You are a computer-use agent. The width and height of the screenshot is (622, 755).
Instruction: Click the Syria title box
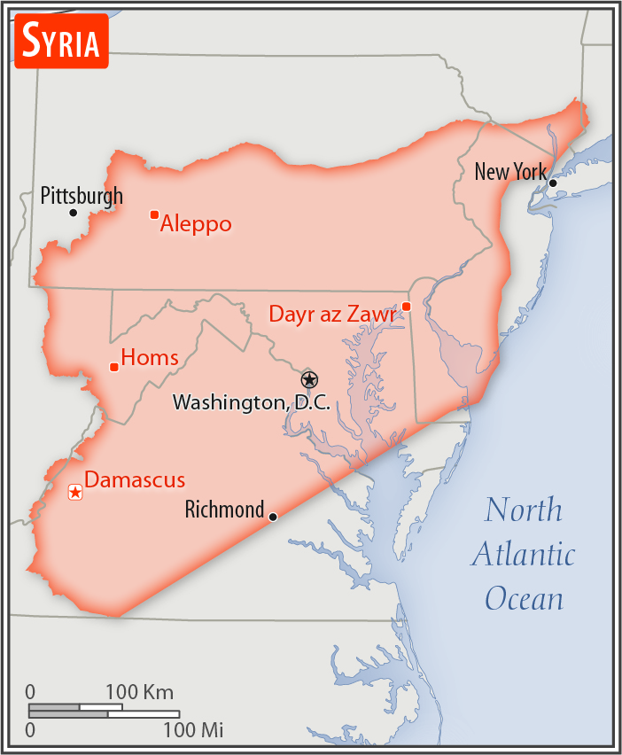(x=61, y=41)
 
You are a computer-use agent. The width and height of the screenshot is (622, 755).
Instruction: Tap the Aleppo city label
(x=196, y=224)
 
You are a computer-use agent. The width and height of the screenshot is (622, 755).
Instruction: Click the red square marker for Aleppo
(x=154, y=214)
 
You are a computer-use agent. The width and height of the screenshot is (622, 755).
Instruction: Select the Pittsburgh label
(x=82, y=196)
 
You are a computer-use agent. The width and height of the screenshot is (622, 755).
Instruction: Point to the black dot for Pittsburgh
(x=74, y=213)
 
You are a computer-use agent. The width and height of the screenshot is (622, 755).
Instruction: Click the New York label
(x=510, y=171)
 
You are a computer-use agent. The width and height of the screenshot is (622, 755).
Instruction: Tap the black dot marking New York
(x=553, y=183)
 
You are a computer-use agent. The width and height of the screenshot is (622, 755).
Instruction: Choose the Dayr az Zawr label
(x=332, y=314)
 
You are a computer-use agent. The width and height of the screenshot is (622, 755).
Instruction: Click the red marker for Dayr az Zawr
(x=406, y=307)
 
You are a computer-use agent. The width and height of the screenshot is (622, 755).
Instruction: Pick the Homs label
(x=150, y=358)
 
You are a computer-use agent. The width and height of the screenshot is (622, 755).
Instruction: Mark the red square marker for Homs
(x=113, y=367)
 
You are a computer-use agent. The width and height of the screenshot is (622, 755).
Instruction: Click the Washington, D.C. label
(x=251, y=402)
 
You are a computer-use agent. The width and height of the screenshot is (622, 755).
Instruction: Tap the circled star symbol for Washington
(x=308, y=380)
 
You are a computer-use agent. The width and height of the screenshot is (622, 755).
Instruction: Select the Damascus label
(x=135, y=480)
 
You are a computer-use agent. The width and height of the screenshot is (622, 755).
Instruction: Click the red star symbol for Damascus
(x=75, y=492)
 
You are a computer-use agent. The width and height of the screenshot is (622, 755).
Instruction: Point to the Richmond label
(x=224, y=510)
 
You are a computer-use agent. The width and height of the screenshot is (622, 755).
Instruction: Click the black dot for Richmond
(x=273, y=517)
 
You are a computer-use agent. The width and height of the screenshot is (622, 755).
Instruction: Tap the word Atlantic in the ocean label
(x=523, y=555)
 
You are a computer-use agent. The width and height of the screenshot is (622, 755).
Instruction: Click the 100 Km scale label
(x=140, y=692)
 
